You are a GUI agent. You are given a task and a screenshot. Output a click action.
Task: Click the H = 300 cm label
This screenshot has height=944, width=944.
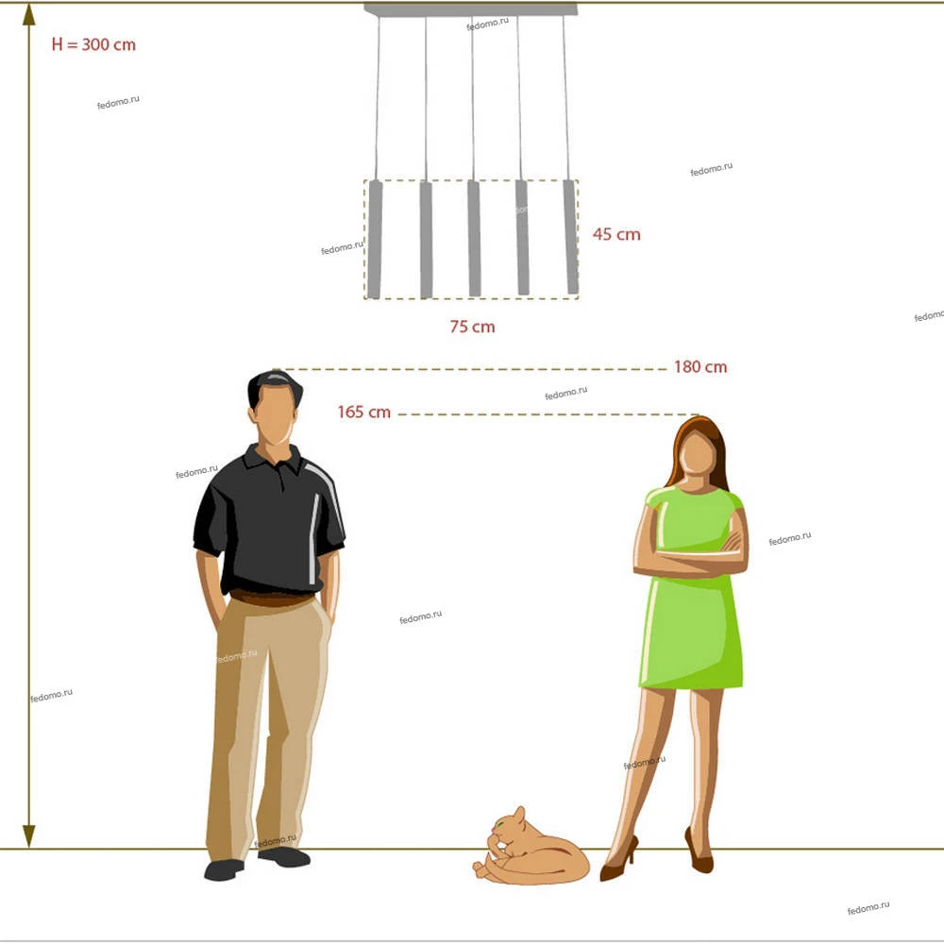click(x=93, y=44)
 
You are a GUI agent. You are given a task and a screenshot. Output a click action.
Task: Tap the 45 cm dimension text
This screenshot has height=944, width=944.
click(x=616, y=234)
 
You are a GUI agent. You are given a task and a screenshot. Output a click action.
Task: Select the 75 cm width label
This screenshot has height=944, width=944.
click(x=473, y=327)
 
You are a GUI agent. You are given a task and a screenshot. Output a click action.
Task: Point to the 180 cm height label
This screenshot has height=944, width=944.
click(x=700, y=366)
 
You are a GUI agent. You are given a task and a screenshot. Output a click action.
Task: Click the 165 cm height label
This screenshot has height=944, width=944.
click(x=363, y=412)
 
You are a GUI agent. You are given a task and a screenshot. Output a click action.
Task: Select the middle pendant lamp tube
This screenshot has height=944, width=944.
click(x=475, y=238)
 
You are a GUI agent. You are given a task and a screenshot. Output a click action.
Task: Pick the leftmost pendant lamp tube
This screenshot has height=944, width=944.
click(x=375, y=239)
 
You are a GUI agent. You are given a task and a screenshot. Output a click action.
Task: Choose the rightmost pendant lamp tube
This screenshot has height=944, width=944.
click(x=571, y=237)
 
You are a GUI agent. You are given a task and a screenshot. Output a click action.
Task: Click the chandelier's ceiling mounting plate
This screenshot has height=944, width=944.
click(x=471, y=9)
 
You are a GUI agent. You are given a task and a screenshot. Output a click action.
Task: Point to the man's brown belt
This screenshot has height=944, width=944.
click(x=272, y=598)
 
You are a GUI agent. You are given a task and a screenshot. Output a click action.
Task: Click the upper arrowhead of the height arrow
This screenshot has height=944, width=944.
click(x=29, y=14)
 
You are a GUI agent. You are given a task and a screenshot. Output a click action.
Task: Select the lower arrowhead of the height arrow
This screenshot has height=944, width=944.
click(x=29, y=836)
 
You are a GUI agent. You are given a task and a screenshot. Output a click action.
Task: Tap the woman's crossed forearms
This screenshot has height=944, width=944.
click(x=691, y=557)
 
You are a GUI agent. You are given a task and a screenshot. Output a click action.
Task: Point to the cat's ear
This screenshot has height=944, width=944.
click(x=519, y=814)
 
